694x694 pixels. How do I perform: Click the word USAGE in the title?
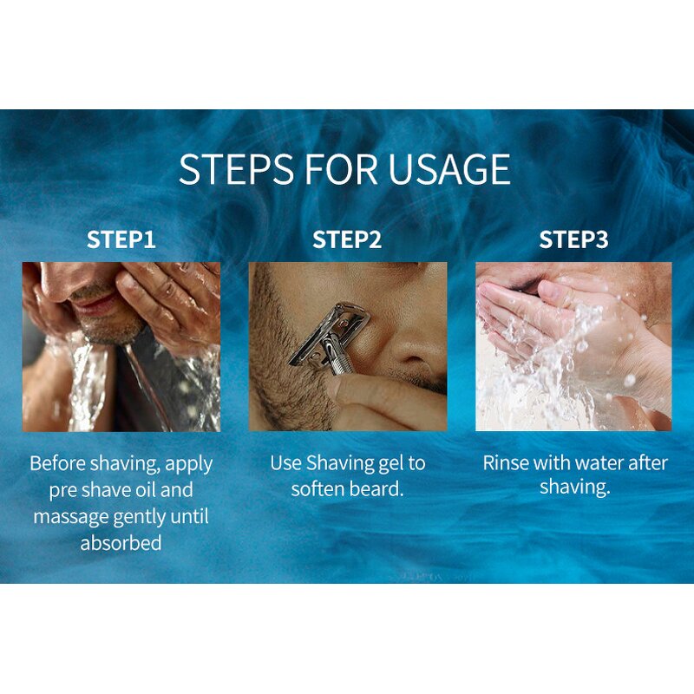[x=449, y=168]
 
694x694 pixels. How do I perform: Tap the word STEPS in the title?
[x=236, y=168]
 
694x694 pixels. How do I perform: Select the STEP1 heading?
[x=121, y=239]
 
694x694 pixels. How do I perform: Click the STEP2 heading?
[x=347, y=239]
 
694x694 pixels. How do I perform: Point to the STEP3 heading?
[x=573, y=239]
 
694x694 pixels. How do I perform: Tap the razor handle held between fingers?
[x=338, y=359]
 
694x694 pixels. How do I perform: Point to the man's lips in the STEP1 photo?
[x=95, y=304]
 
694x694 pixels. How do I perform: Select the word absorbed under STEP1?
[x=121, y=543]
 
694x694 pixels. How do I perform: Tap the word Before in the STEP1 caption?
[x=57, y=463]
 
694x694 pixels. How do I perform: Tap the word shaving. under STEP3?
[x=575, y=488]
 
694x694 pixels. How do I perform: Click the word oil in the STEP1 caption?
[x=146, y=490]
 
